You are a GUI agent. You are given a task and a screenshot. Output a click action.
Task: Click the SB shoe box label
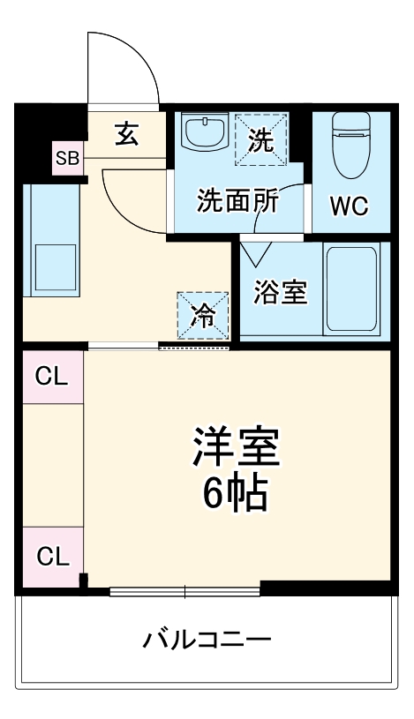click(x=67, y=159)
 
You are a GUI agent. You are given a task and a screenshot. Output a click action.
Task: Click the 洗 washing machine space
click(x=260, y=139)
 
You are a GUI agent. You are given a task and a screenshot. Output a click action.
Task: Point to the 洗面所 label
click(x=237, y=201)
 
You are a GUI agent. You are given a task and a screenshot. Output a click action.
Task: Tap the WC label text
click(x=349, y=206)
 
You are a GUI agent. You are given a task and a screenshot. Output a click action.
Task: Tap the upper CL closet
click(x=51, y=378)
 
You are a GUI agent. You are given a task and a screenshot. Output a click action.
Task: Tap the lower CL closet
click(x=51, y=558)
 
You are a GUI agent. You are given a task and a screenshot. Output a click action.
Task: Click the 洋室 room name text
click(x=236, y=448)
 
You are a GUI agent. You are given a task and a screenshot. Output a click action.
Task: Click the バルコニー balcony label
click(x=207, y=638)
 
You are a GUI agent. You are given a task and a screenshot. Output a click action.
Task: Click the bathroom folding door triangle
click(x=257, y=253)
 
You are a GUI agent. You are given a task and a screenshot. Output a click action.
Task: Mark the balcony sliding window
click(x=184, y=589)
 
